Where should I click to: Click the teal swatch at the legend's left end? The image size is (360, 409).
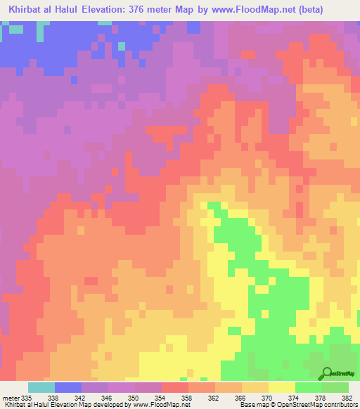click(x=41, y=387)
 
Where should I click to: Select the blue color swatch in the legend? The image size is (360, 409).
click(x=68, y=387)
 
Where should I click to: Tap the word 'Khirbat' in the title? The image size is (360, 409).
click(x=28, y=9)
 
